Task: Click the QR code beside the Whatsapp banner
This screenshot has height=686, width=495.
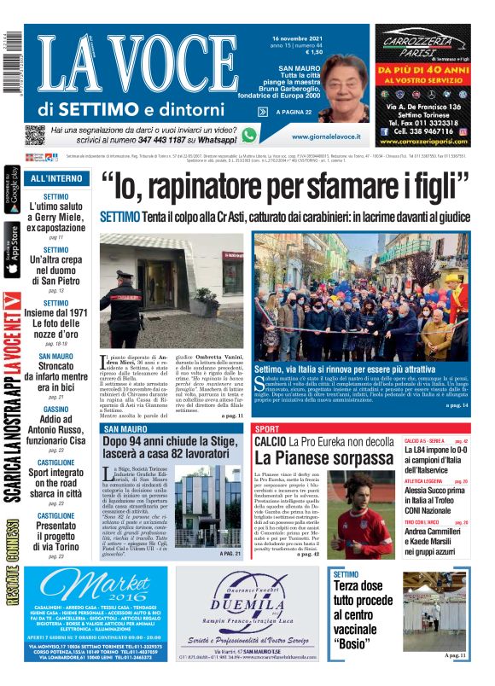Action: pos(35,135)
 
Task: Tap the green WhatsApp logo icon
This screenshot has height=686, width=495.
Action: pos(248,135)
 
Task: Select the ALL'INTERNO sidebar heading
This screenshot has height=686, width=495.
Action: pos(56,178)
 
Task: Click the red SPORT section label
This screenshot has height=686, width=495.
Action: pos(267,428)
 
